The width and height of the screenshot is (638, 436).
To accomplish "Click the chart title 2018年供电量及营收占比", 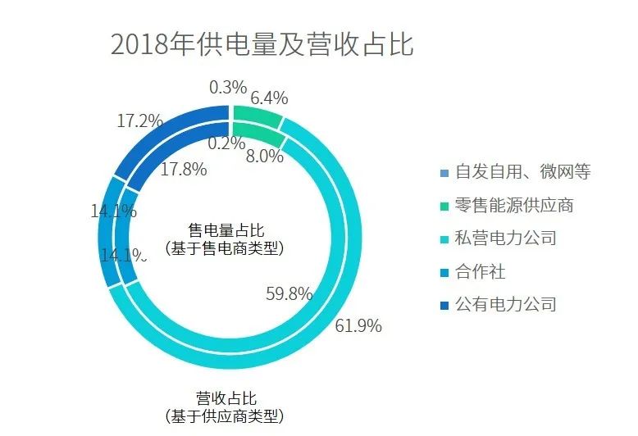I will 262,43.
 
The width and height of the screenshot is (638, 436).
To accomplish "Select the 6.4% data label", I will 269,98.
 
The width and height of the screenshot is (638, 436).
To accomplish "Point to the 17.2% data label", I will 139,121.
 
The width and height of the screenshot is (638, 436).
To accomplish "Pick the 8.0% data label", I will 264,156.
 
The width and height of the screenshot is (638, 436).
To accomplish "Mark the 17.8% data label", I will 184,170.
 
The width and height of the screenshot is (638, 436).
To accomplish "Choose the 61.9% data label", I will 358,325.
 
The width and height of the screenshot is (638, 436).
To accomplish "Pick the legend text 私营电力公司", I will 506,238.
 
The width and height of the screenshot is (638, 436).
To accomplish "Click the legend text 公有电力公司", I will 506,304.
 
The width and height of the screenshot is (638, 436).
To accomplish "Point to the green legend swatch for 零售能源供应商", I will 444,206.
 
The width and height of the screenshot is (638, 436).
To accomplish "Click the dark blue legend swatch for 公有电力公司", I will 444,305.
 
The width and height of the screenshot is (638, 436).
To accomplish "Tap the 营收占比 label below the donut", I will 226,398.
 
